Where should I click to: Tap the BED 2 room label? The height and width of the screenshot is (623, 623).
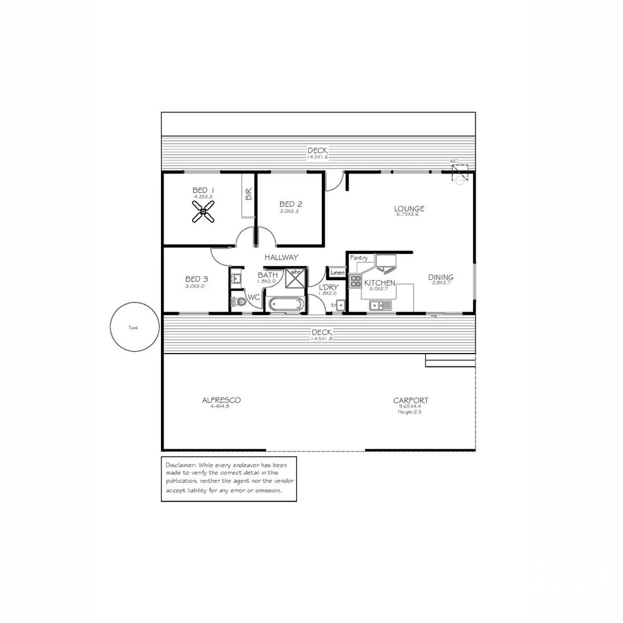click(291, 204)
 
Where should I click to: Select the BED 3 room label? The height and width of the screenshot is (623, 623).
click(197, 279)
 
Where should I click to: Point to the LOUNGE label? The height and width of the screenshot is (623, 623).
click(410, 209)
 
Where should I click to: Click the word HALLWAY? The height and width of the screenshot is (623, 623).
click(282, 257)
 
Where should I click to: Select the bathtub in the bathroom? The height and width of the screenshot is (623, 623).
click(286, 304)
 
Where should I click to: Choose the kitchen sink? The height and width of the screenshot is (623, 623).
click(381, 305)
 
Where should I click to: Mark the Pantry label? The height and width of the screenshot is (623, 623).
click(359, 258)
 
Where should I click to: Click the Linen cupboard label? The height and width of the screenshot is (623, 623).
click(337, 272)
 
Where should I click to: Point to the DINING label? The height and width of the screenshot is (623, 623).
click(441, 277)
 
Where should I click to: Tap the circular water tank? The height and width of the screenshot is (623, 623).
click(134, 327)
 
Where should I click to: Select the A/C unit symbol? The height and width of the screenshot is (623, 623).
click(460, 173)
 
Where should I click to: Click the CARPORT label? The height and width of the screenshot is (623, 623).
click(411, 400)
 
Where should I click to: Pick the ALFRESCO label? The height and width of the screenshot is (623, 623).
click(222, 400)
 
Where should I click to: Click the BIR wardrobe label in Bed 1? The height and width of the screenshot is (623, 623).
click(249, 194)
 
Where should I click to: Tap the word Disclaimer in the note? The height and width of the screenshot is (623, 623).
click(181, 465)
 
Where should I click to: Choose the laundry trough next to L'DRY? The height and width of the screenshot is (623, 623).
click(341, 305)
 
